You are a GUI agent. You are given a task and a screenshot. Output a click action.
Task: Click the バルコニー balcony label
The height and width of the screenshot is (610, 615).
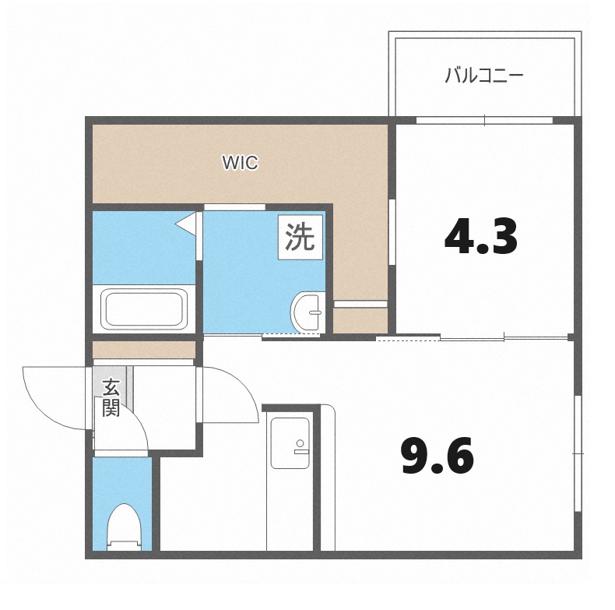click(483, 76)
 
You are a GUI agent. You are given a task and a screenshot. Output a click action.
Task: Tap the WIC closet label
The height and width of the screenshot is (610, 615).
click(240, 163)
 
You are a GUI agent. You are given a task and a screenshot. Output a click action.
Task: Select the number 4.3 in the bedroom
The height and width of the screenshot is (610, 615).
click(480, 237)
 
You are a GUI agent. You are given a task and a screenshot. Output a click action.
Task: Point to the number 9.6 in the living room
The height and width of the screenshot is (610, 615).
click(437, 457)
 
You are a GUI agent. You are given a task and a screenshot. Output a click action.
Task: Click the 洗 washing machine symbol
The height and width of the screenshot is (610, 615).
click(300, 238)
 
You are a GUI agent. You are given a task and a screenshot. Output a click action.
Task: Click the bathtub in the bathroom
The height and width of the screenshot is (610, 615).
click(144, 309)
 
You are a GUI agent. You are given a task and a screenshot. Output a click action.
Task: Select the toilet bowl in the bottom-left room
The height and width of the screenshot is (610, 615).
click(122, 526)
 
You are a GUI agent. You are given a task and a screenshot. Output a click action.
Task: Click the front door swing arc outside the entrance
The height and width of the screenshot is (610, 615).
click(54, 397)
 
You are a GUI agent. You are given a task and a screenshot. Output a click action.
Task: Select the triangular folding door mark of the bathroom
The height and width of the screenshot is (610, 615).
click(187, 224)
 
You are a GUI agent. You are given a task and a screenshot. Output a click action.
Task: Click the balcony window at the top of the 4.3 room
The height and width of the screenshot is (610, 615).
click(484, 120)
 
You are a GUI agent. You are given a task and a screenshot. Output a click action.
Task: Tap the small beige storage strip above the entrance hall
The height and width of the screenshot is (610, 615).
click(143, 350)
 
